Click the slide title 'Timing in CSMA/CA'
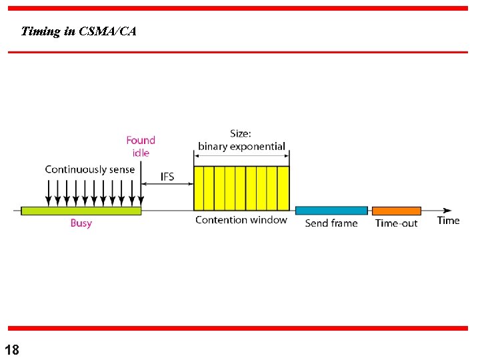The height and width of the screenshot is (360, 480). pos(79,31)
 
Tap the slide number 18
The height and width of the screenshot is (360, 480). pos(12,349)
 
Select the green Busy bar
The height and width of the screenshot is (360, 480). pos(81,211)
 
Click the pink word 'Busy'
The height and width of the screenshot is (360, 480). pos(81,223)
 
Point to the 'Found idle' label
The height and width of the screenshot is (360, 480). pos(141,146)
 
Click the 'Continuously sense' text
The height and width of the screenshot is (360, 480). pos(89,169)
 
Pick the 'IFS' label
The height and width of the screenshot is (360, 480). pos(167,177)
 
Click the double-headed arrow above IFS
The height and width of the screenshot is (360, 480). pos(167,188)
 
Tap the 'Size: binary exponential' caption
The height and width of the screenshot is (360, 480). pos(241,140)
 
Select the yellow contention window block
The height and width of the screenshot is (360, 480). pos(241,188)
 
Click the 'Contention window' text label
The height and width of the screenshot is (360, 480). pos(241,220)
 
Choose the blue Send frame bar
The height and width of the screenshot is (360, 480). pos(331,211)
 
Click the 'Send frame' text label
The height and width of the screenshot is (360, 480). pos(331,223)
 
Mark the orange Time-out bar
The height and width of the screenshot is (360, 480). pos(397,211)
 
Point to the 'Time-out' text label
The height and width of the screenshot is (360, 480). pos(397,223)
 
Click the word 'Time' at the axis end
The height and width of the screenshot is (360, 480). pos(449,220)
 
